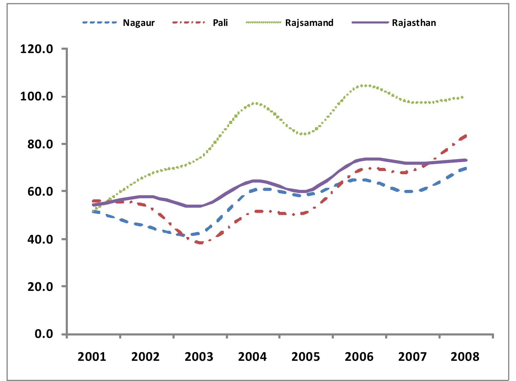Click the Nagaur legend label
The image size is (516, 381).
click(x=139, y=23)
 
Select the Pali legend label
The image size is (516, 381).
click(x=220, y=23)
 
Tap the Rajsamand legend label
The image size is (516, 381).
click(x=309, y=23)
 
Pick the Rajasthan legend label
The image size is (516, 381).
click(x=414, y=23)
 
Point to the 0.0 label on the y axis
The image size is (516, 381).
click(x=44, y=334)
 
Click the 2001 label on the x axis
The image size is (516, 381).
click(x=92, y=357)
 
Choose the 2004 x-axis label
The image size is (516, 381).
click(x=252, y=357)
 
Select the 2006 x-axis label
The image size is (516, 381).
click(x=359, y=357)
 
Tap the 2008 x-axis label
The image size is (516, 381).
click(x=465, y=357)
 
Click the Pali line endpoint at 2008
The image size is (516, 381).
click(x=466, y=136)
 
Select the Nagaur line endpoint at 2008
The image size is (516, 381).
click(x=466, y=168)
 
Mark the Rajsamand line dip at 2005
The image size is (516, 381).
click(x=305, y=134)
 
